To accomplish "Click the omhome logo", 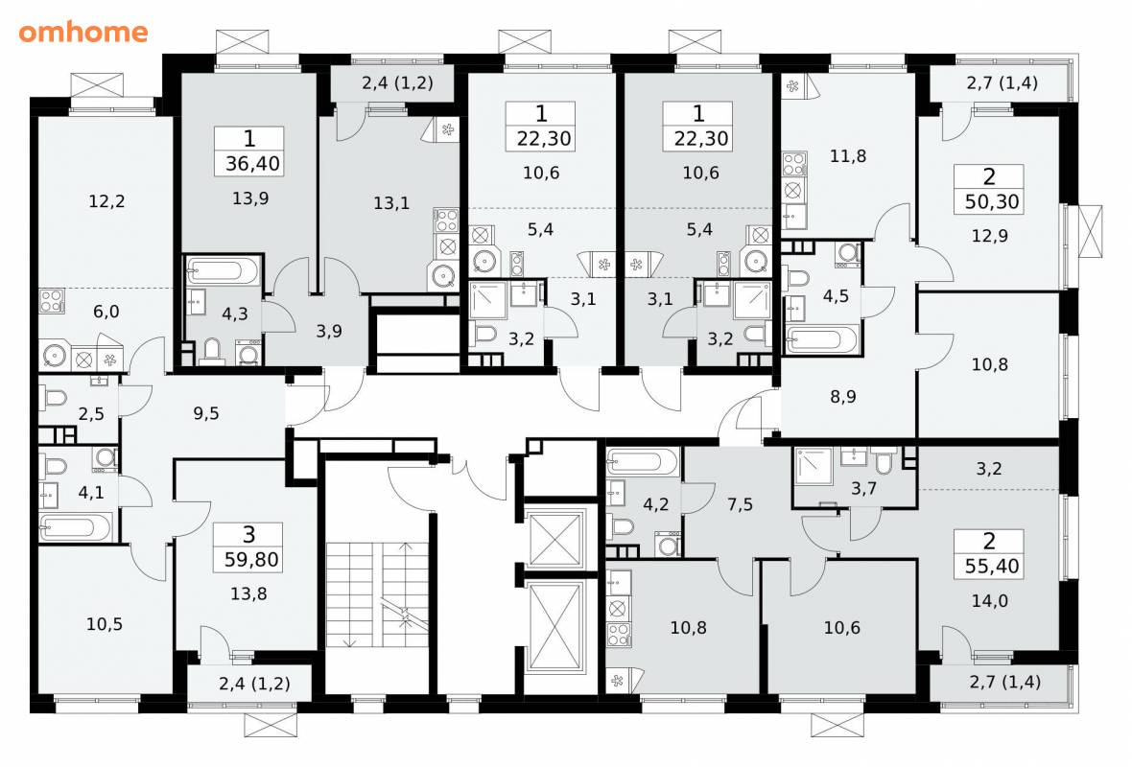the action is tap(83, 32).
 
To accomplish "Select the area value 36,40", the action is tap(252, 164).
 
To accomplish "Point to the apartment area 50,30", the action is tap(992, 201).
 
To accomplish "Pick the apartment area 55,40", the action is tap(992, 566).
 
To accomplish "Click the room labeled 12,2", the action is tap(106, 201).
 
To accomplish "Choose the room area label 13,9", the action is tap(250, 198).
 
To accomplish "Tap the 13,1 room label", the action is tap(391, 203).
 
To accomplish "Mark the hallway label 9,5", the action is tap(206, 413).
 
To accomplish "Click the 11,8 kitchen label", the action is tap(847, 156).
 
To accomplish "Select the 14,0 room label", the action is tap(990, 600).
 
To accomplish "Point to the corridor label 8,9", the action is tap(843, 396).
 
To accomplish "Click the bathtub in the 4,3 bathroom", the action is tap(224, 270).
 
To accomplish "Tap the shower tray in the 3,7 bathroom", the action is tap(813, 468).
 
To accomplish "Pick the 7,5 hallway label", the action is tap(740, 504).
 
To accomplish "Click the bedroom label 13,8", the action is tap(248, 593).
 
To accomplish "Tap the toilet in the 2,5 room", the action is tap(55, 398).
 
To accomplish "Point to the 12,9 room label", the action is tap(990, 236).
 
